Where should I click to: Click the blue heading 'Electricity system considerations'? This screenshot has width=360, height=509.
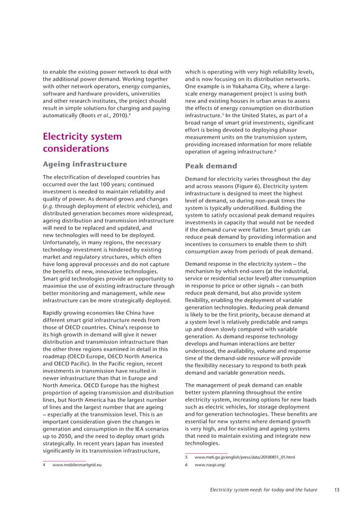coord(82,142)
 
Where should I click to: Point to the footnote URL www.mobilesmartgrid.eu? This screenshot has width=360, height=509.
coord(77,464)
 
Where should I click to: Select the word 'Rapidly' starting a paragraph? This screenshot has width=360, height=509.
coord(55,313)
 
